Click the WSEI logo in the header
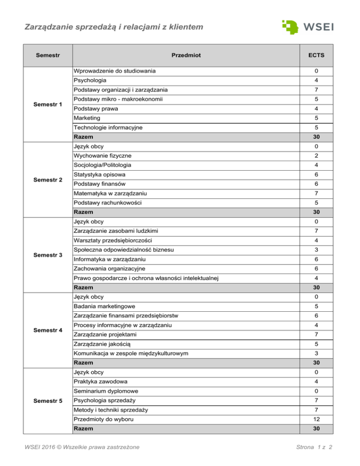point(308,25)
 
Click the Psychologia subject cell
point(93,80)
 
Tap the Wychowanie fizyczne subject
point(102,156)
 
